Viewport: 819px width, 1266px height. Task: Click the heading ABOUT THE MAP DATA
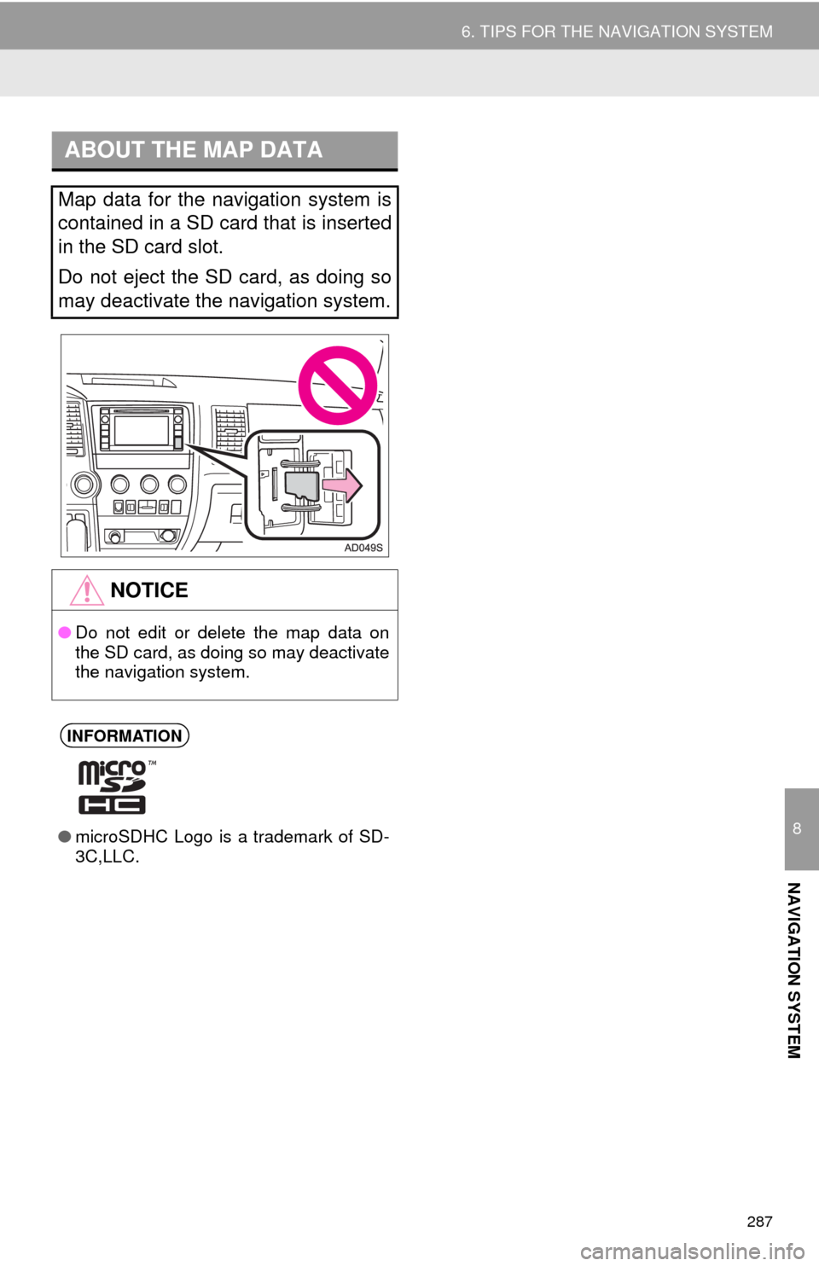(194, 150)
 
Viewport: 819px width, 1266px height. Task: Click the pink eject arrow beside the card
(342, 485)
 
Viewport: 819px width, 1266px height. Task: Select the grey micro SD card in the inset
(302, 485)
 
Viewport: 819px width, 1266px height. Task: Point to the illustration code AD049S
(363, 548)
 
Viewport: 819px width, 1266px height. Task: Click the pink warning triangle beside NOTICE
(86, 590)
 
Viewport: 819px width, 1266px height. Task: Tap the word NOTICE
(149, 590)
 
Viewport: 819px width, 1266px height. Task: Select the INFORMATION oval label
(125, 736)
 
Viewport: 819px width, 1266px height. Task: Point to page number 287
(759, 1222)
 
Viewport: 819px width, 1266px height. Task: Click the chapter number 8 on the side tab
(797, 829)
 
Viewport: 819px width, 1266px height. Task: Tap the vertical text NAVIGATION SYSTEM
(795, 971)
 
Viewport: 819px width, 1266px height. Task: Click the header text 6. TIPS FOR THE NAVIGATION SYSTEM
(617, 32)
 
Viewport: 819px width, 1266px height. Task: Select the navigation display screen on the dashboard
(142, 431)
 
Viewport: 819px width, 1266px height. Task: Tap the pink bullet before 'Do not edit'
(65, 632)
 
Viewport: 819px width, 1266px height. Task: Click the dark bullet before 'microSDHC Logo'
(65, 837)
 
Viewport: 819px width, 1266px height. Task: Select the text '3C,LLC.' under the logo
(107, 857)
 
